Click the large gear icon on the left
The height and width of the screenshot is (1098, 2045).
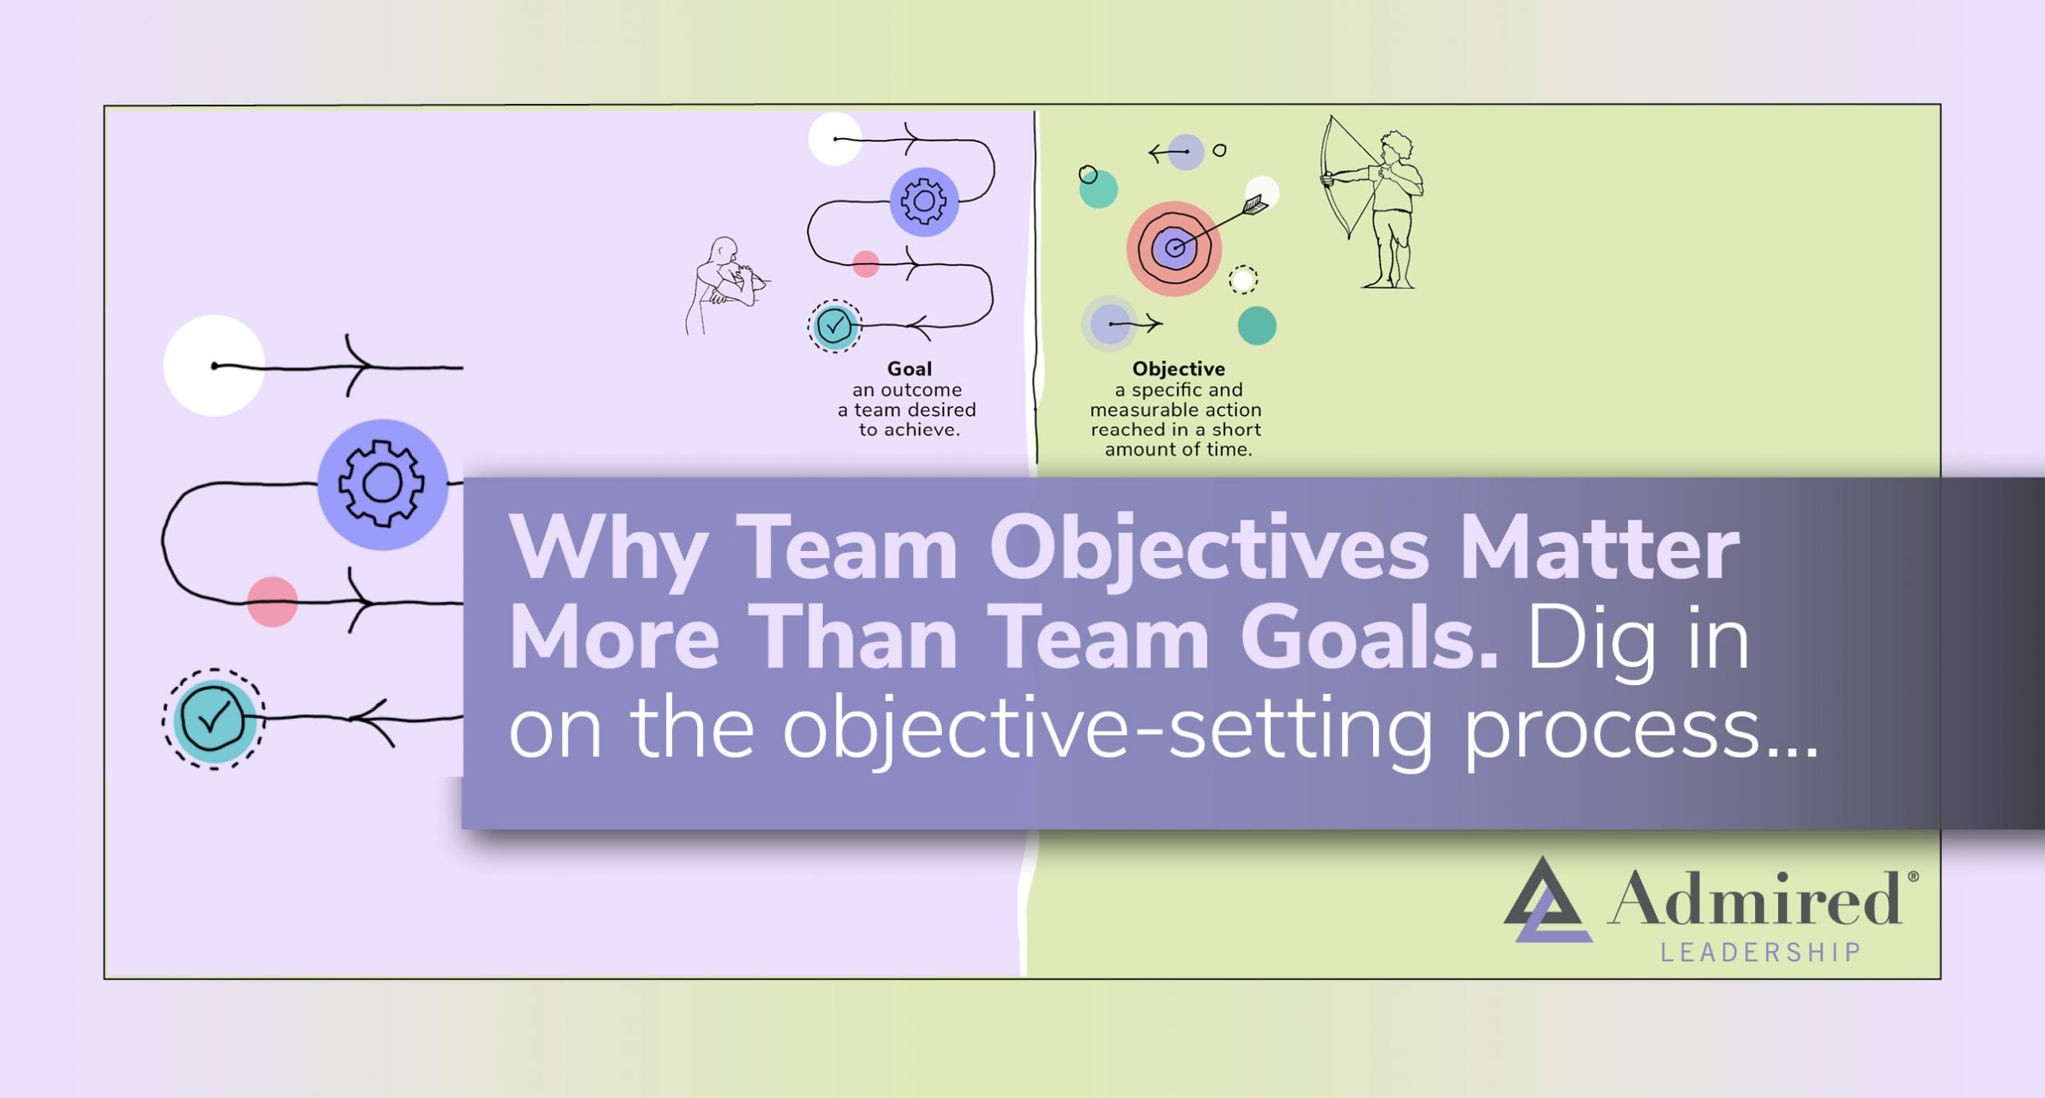[382, 484]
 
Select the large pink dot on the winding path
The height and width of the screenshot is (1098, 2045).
[272, 601]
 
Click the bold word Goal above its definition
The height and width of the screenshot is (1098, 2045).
[909, 369]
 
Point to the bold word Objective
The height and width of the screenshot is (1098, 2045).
[1178, 369]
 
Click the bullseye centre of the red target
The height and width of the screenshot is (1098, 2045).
[1173, 248]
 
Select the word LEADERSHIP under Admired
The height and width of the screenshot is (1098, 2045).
[1761, 953]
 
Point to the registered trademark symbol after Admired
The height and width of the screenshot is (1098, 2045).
[1912, 877]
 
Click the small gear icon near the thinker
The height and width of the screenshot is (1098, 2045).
[923, 201]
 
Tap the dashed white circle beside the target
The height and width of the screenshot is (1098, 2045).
[1242, 279]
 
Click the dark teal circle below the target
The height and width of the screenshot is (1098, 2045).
[1257, 326]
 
